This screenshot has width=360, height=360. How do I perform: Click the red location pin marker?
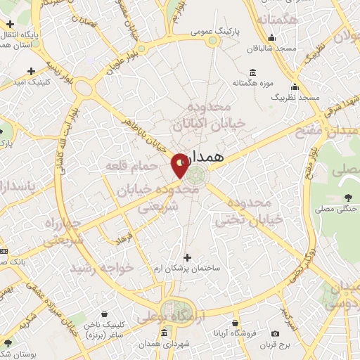[179, 165]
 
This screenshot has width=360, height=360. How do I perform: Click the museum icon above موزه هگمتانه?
[253, 72]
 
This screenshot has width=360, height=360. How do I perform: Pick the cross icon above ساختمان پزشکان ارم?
[186, 257]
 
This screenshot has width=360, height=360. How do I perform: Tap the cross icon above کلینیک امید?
[32, 71]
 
